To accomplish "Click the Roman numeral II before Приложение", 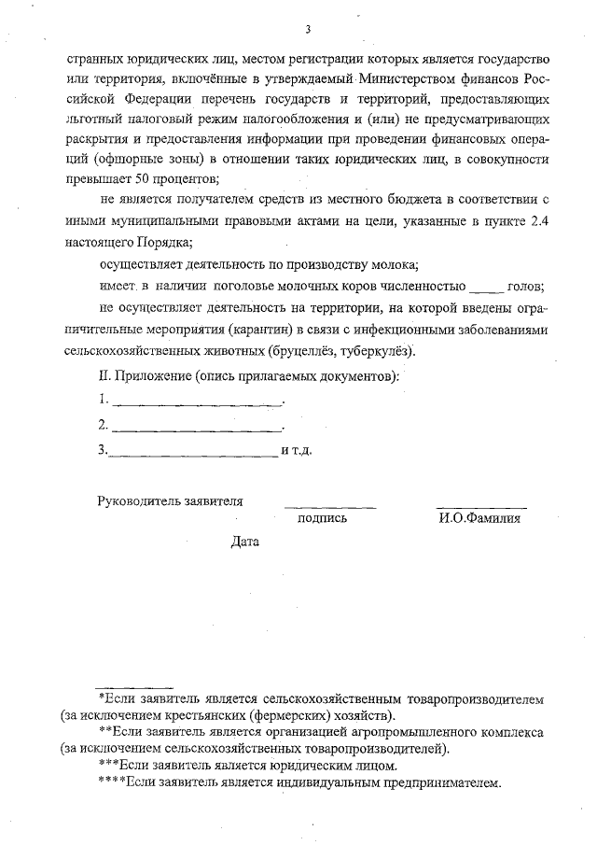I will pyautogui.click(x=104, y=376).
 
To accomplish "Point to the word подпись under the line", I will pyautogui.click(x=322, y=518).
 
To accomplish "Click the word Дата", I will pyautogui.click(x=246, y=542).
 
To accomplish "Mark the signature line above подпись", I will pyautogui.click(x=330, y=506).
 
